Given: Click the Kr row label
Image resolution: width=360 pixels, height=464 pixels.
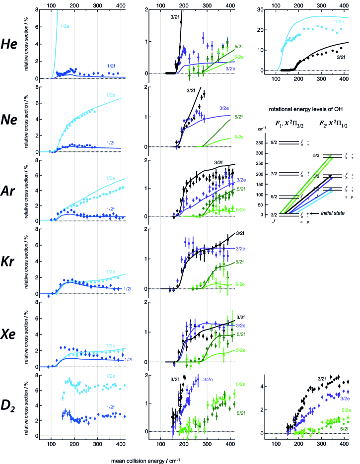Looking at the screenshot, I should coord(12,260).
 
